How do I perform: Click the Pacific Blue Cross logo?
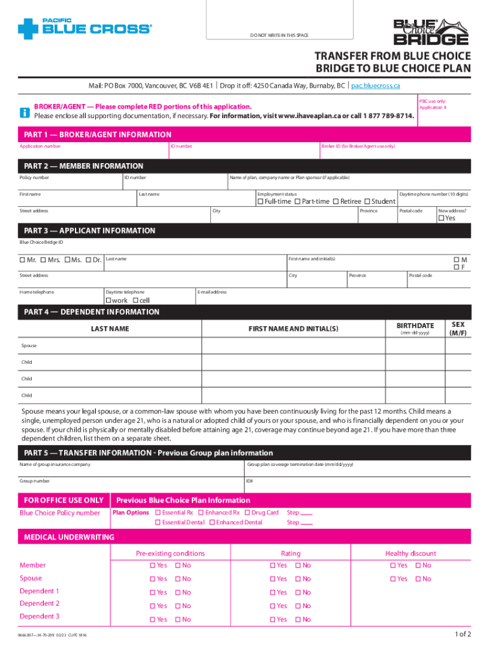point(85,28)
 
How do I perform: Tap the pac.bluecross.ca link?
point(375,86)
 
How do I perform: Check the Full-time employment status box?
point(260,202)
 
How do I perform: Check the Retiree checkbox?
point(336,202)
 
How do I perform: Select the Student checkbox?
point(367,202)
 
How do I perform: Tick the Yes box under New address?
point(441,218)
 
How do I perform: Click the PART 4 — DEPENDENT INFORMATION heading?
point(91,312)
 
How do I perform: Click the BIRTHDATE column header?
point(415,326)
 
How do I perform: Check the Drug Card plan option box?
point(246,512)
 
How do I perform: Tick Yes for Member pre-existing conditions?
point(152,566)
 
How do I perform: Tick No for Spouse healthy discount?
point(418,579)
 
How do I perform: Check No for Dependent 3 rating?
point(298,620)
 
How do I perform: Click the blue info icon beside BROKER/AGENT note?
point(25,112)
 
